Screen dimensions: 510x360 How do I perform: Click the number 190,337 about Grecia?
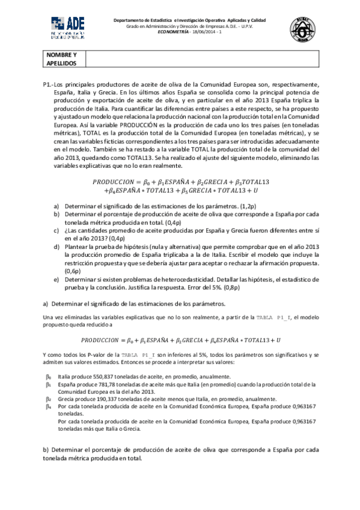coord(96,398)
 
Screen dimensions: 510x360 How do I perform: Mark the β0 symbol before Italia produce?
coord(49,376)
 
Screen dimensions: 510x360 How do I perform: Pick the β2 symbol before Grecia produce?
coord(49,398)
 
